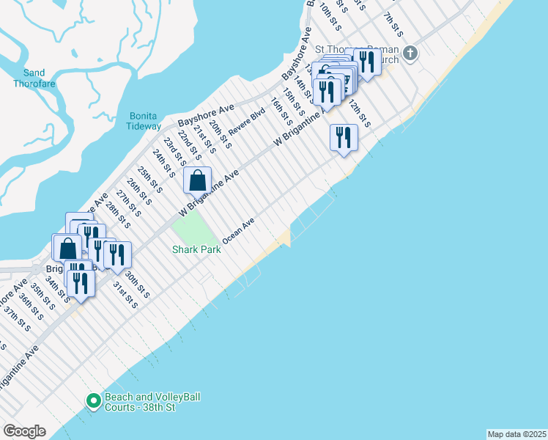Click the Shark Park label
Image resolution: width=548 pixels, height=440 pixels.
(x=196, y=250)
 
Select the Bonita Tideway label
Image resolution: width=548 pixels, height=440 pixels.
(x=145, y=121)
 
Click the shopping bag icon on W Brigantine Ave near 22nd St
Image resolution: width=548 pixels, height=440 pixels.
(x=198, y=180)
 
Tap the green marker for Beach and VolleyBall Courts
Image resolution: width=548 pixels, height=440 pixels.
(x=93, y=401)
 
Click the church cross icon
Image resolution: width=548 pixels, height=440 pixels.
(x=410, y=53)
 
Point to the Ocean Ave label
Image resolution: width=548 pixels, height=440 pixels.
(x=238, y=230)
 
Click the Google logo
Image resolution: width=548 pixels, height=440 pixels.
(x=24, y=431)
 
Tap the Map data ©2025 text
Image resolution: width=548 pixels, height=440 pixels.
(x=516, y=434)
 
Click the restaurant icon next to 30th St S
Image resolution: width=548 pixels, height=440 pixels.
(x=117, y=255)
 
